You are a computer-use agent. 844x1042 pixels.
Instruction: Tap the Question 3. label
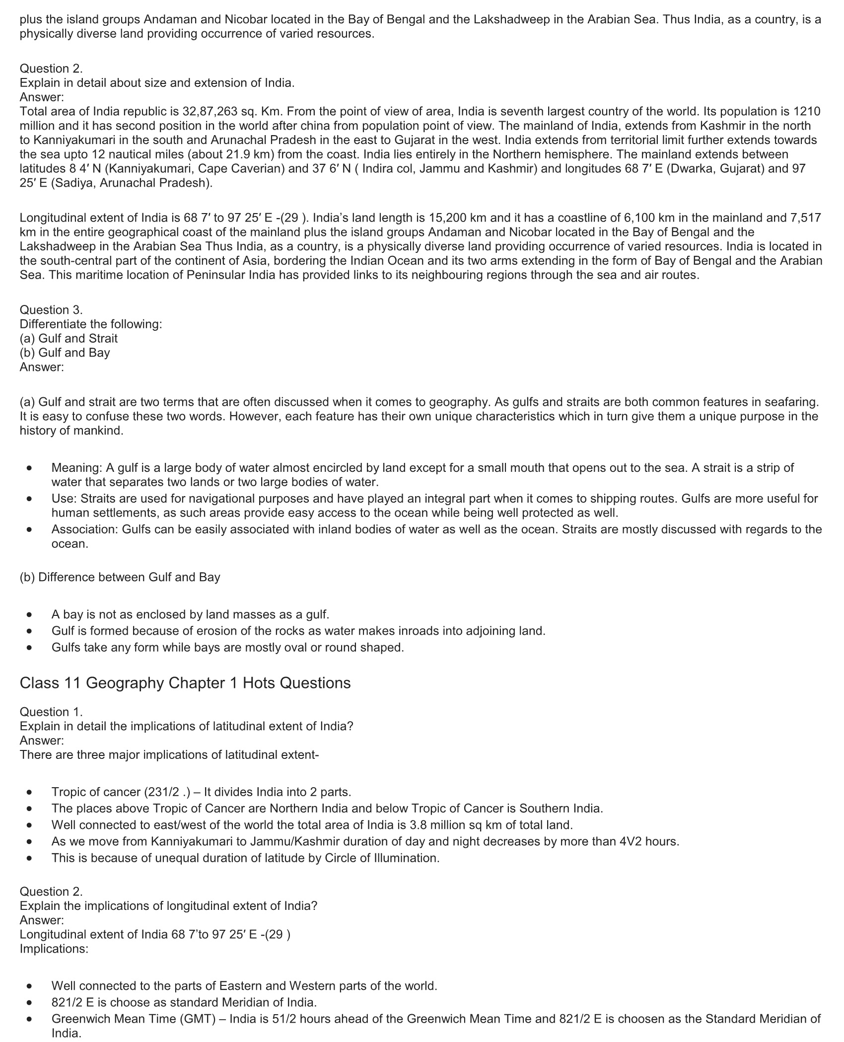tap(51, 309)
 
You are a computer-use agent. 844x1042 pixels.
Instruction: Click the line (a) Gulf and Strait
tap(69, 338)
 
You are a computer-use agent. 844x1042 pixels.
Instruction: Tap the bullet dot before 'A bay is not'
tap(30, 615)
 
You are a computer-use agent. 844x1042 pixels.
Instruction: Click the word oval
tap(329, 647)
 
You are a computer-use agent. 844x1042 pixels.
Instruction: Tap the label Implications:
tap(54, 949)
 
